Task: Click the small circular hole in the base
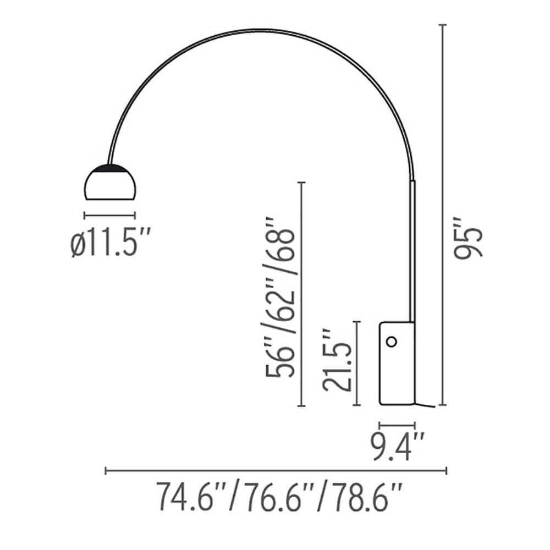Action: (x=391, y=342)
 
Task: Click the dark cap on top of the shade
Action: (x=110, y=167)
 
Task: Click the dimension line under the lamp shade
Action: (x=109, y=215)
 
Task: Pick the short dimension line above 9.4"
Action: (x=397, y=425)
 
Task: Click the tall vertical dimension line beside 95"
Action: (x=443, y=215)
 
